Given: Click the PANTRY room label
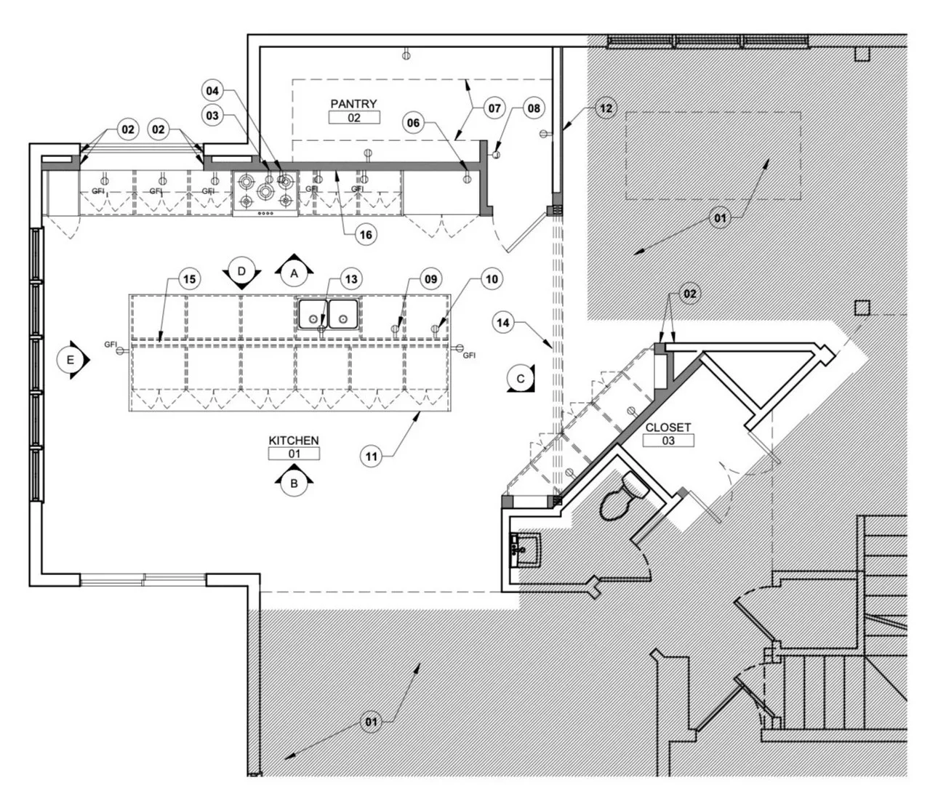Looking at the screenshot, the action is click(353, 104).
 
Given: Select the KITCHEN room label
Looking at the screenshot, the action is click(294, 441).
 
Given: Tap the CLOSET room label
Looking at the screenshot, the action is click(668, 427).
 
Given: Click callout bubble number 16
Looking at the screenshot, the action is click(366, 235).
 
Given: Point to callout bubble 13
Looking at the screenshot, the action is click(351, 279).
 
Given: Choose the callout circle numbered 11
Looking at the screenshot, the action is click(372, 457).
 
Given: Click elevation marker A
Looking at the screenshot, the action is click(294, 273).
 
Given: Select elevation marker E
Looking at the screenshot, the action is click(71, 360).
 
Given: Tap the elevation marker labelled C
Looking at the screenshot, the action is click(521, 378).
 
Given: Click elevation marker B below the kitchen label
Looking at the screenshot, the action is click(294, 483).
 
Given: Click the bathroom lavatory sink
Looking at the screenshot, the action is click(526, 550).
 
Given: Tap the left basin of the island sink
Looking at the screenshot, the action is click(313, 314).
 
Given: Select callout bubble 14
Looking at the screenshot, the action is click(502, 323).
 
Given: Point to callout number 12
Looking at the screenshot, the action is click(606, 108).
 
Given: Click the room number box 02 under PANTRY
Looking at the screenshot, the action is click(354, 118).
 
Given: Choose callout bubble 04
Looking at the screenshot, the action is click(212, 91).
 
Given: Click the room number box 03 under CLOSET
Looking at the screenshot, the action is click(668, 441).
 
